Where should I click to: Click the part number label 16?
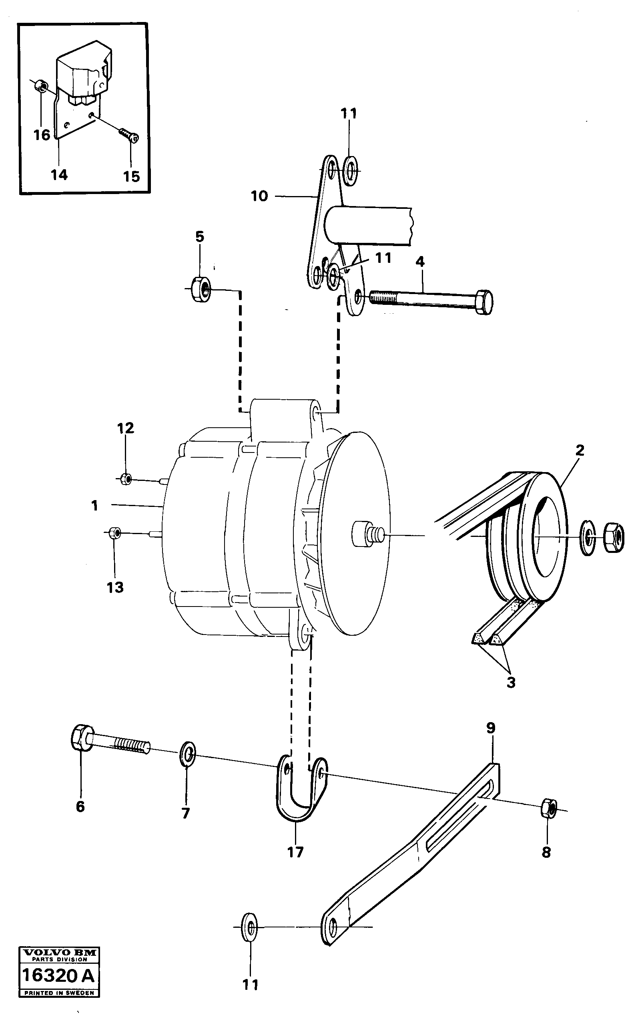(42, 135)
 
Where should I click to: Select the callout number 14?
(59, 174)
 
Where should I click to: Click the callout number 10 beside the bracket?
(259, 196)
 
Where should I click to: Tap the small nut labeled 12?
(125, 479)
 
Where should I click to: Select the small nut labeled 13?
(114, 533)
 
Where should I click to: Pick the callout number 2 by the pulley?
(579, 450)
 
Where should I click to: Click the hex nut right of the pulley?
(614, 538)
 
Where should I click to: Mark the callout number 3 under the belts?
(511, 683)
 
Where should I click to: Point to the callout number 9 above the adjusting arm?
(491, 728)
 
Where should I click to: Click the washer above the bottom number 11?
(249, 926)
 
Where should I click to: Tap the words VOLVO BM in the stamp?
(59, 953)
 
